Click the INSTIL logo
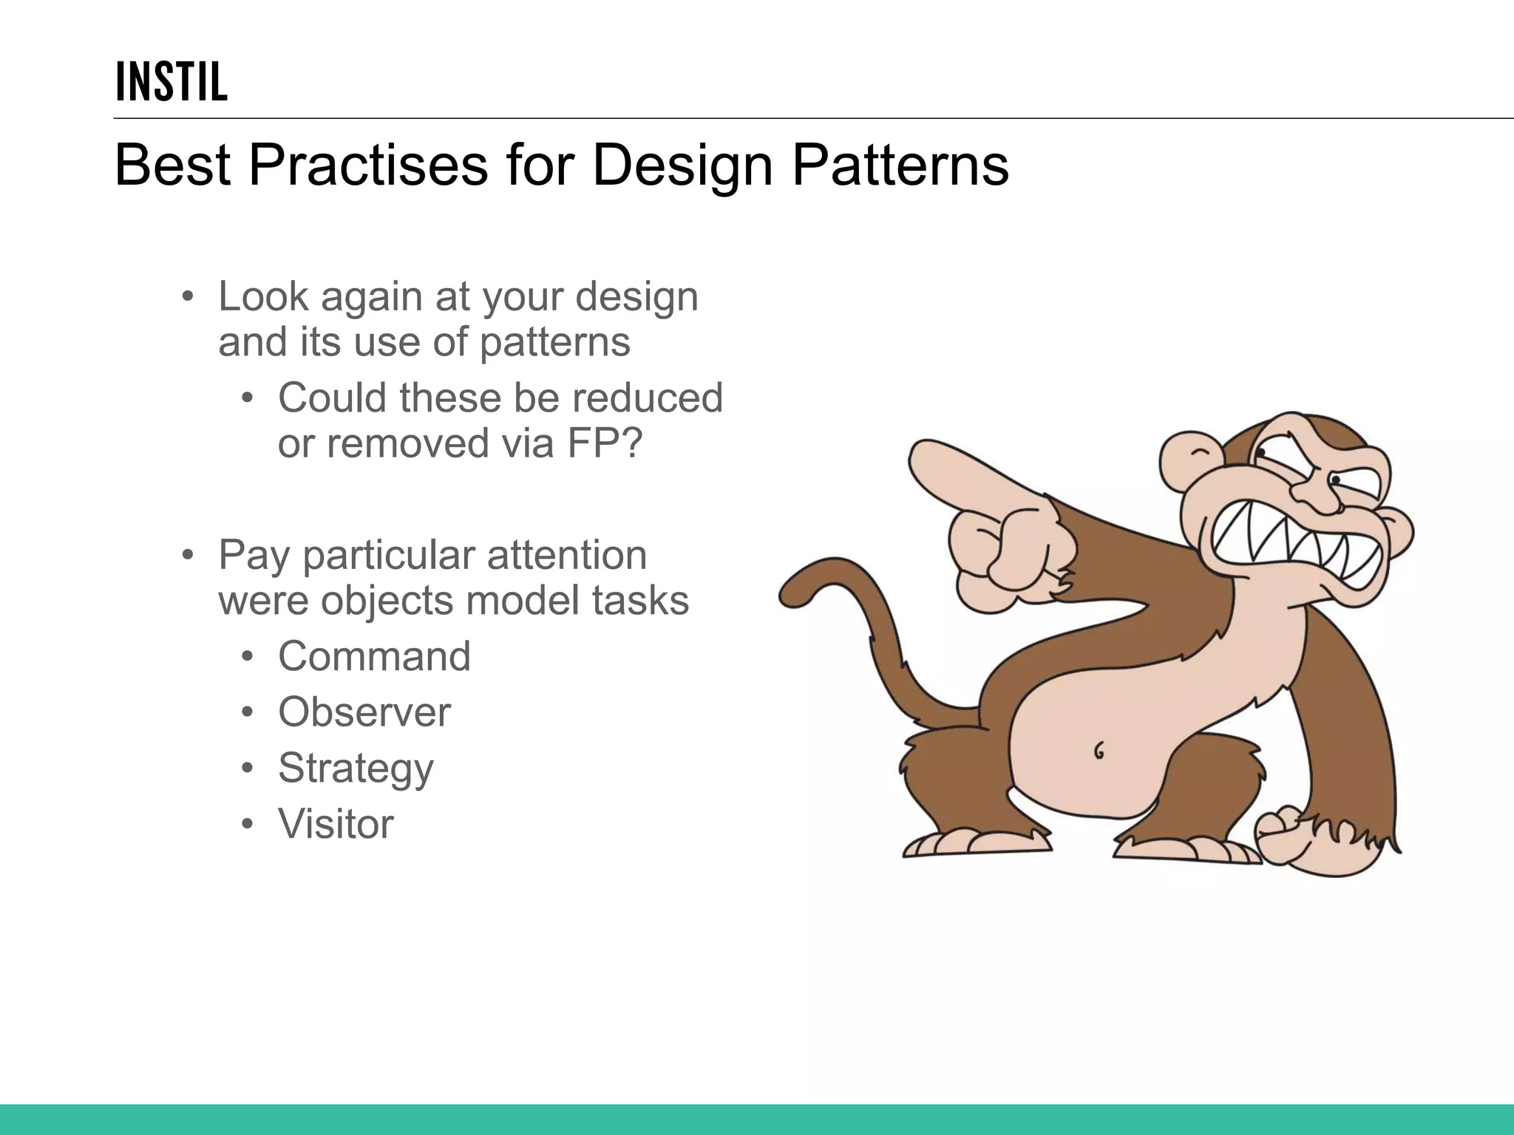[x=172, y=82]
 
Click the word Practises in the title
[x=367, y=166]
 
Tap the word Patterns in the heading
[x=900, y=166]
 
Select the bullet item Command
[x=374, y=656]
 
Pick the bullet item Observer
[x=364, y=712]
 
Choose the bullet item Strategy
[x=356, y=768]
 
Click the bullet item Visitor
[x=336, y=824]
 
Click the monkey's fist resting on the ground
[x=1290, y=842]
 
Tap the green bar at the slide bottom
[x=757, y=1119]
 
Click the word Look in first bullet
[x=262, y=297]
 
